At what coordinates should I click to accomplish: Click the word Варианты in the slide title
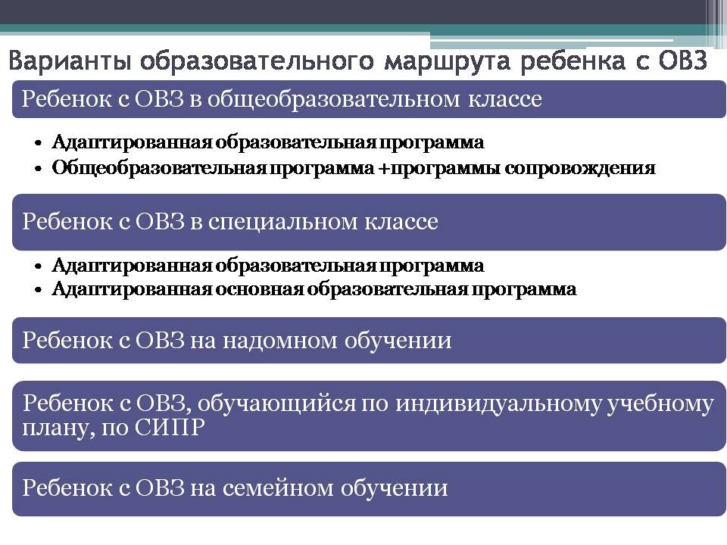tap(69, 61)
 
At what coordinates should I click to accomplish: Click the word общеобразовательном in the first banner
tap(333, 99)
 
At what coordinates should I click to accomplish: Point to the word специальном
tap(282, 222)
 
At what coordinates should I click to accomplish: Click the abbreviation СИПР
tap(169, 427)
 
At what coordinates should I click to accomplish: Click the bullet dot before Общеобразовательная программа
tap(39, 168)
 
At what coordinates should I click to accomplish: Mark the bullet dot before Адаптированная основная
tap(39, 290)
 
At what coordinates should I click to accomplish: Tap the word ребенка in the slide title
tap(573, 61)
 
